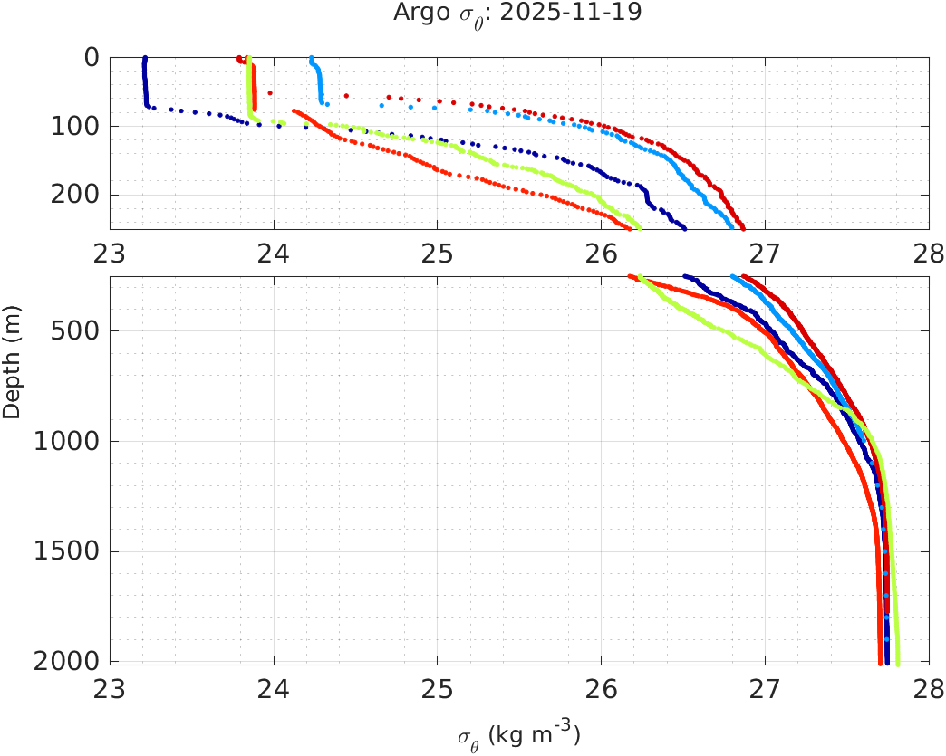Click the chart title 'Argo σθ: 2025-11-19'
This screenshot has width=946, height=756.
click(517, 14)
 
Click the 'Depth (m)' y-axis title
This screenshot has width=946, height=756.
click(12, 373)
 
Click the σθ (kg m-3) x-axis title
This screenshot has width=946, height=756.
click(518, 733)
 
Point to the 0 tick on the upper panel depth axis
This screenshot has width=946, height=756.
click(92, 57)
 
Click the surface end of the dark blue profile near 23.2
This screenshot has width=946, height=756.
click(145, 59)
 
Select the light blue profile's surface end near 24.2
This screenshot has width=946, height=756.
click(311, 59)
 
